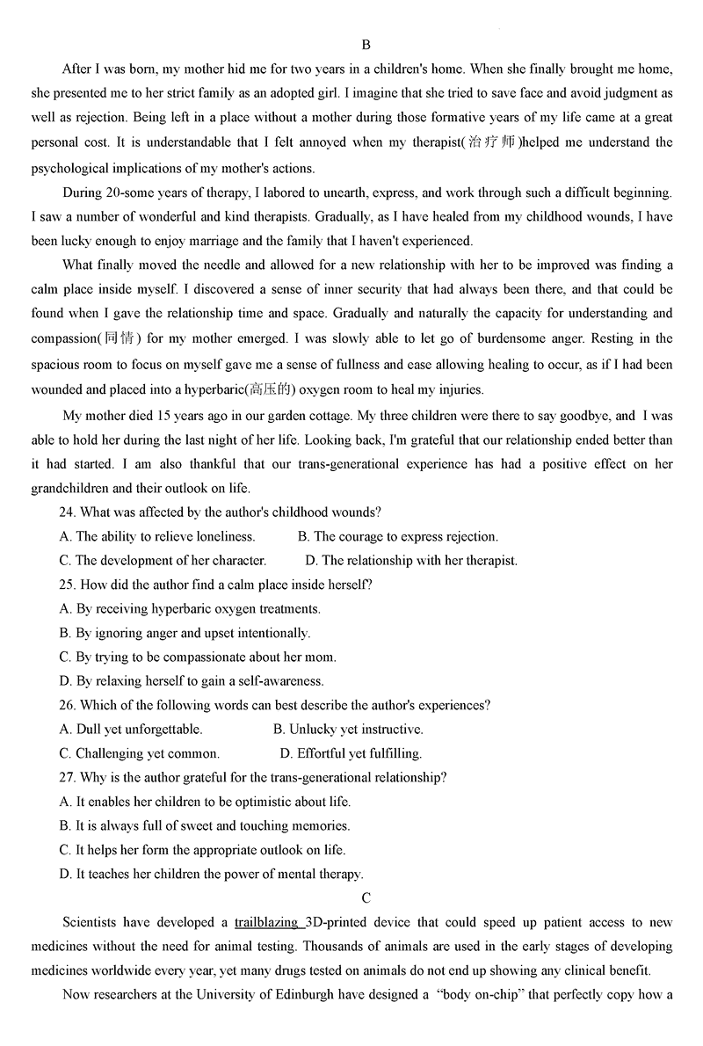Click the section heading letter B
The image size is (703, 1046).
point(366,45)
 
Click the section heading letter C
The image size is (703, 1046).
point(366,897)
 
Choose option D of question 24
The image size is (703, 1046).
point(311,560)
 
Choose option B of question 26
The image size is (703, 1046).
point(279,729)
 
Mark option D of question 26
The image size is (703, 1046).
point(286,753)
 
